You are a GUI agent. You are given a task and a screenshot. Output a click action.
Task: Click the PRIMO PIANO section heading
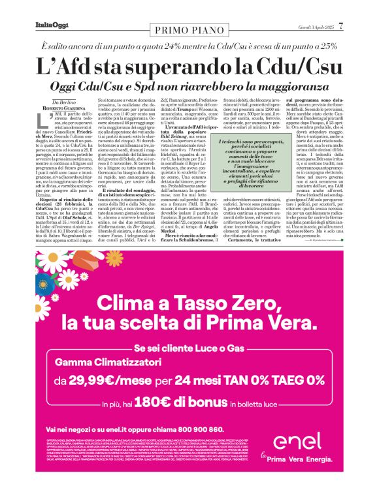[x=189, y=29]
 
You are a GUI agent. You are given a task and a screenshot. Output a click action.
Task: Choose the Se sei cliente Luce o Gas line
[x=189, y=348]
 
